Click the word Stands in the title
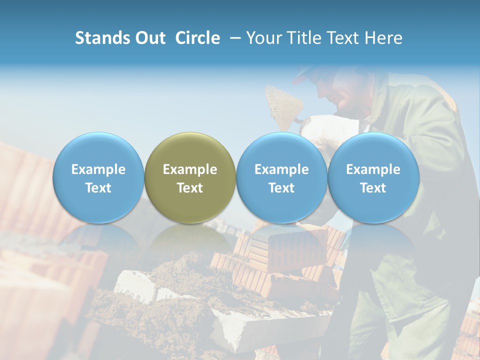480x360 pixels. pos(102,38)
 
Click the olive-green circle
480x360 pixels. pos(190,178)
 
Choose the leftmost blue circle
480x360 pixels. pos(98,178)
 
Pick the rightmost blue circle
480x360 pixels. pos(373,178)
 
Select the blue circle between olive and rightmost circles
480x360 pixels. pos(281,178)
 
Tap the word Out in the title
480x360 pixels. pos(149,38)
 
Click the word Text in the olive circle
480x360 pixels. pos(190,188)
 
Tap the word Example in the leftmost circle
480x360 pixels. pos(98,169)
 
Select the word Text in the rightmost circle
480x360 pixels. pos(373,188)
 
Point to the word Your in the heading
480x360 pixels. pos(264,38)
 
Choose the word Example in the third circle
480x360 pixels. pos(281,169)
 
